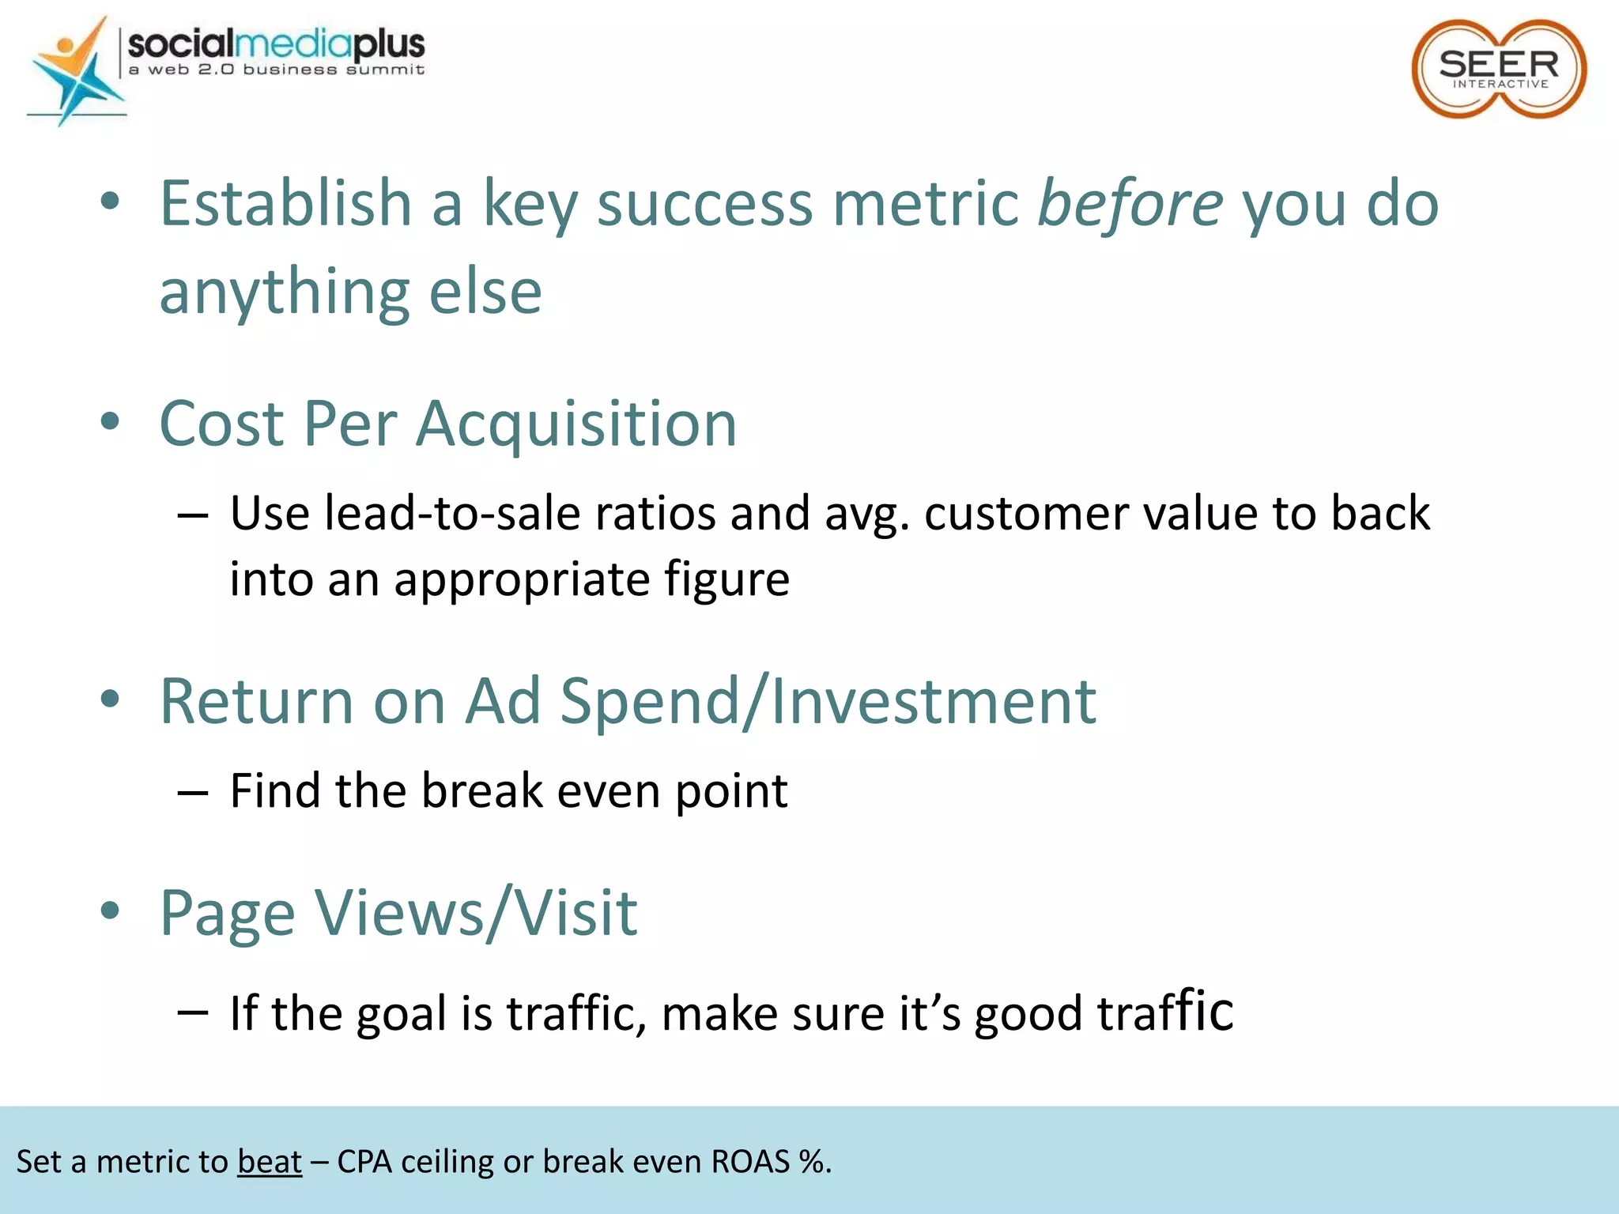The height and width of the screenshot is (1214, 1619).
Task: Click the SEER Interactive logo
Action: pos(1499,70)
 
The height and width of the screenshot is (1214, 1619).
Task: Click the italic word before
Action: pos(1130,203)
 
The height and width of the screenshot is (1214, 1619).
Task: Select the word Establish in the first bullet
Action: pos(285,203)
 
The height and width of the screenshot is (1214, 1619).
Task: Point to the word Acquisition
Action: pos(576,424)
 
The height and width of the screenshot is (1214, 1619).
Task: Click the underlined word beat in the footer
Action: pos(270,1162)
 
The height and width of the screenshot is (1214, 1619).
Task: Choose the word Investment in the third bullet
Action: pos(933,701)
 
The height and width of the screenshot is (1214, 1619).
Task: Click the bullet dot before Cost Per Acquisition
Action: pos(110,421)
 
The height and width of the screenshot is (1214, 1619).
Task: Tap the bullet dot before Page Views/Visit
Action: pos(110,910)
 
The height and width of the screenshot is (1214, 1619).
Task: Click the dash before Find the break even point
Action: pos(193,791)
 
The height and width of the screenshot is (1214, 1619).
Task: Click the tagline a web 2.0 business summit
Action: pos(277,70)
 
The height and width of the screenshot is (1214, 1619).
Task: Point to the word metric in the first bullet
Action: pos(925,203)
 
